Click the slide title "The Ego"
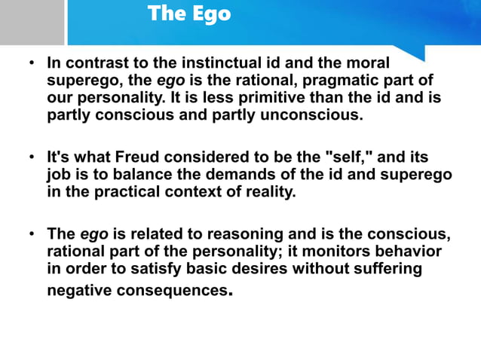click(x=189, y=14)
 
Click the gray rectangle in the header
click(x=32, y=23)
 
